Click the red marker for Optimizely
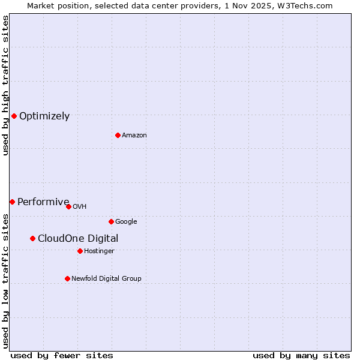[x=14, y=116]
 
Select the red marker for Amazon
[x=118, y=135]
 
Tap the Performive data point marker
[x=12, y=202]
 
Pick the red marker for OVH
[x=68, y=206]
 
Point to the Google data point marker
[x=111, y=221]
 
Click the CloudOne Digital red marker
[x=32, y=238]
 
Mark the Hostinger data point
[x=80, y=251]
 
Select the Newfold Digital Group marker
[x=67, y=278]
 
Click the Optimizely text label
[x=44, y=116]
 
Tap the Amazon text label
[x=134, y=136]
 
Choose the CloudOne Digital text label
[x=78, y=239]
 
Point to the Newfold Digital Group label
[x=106, y=278]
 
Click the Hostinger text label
[x=99, y=251]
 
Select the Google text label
[x=126, y=222]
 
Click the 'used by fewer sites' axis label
[x=62, y=355]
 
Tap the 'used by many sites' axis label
[x=301, y=355]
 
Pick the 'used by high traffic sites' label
[x=6, y=85]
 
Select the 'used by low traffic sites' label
[x=6, y=280]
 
